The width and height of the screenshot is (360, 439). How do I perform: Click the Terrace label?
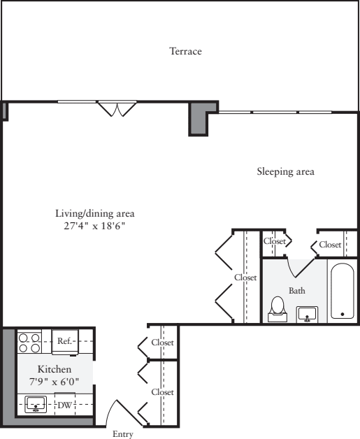coord(185,52)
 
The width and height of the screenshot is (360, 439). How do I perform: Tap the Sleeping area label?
coord(285,171)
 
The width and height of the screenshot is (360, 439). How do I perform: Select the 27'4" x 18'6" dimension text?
coord(94,226)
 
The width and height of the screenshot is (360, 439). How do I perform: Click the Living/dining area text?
coord(94,213)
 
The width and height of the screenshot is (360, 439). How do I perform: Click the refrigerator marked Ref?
coord(66,342)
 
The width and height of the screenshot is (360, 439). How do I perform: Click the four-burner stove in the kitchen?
coord(29,342)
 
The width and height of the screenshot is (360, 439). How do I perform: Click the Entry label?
coord(122,434)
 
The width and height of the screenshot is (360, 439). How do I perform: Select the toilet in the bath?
coord(278,308)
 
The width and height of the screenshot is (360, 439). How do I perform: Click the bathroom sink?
coord(306,315)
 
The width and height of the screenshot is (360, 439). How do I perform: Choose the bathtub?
coord(343,292)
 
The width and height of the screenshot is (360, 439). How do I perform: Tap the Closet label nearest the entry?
coord(162,392)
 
